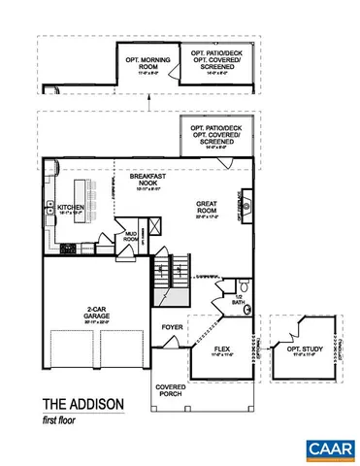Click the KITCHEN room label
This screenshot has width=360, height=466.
(x=70, y=208)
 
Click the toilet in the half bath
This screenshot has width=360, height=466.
(x=248, y=312)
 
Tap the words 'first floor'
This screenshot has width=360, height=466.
(x=63, y=419)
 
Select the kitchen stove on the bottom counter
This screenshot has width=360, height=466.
(x=68, y=248)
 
